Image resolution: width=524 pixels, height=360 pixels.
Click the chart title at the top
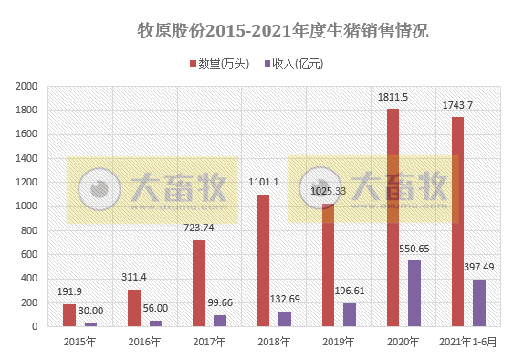coord(282,31)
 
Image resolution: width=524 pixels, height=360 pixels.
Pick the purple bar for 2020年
coord(414,293)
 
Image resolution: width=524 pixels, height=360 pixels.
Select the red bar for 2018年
coord(263,260)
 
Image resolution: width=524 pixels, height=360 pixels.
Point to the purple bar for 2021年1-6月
coord(479,302)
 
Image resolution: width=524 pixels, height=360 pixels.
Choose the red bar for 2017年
coord(198,283)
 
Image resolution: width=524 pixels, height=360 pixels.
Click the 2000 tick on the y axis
coord(26,86)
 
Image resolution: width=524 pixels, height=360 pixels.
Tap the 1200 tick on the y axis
coord(26,182)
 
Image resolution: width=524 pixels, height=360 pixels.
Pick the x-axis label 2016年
coord(143,342)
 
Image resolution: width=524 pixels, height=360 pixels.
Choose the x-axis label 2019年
coord(338,342)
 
